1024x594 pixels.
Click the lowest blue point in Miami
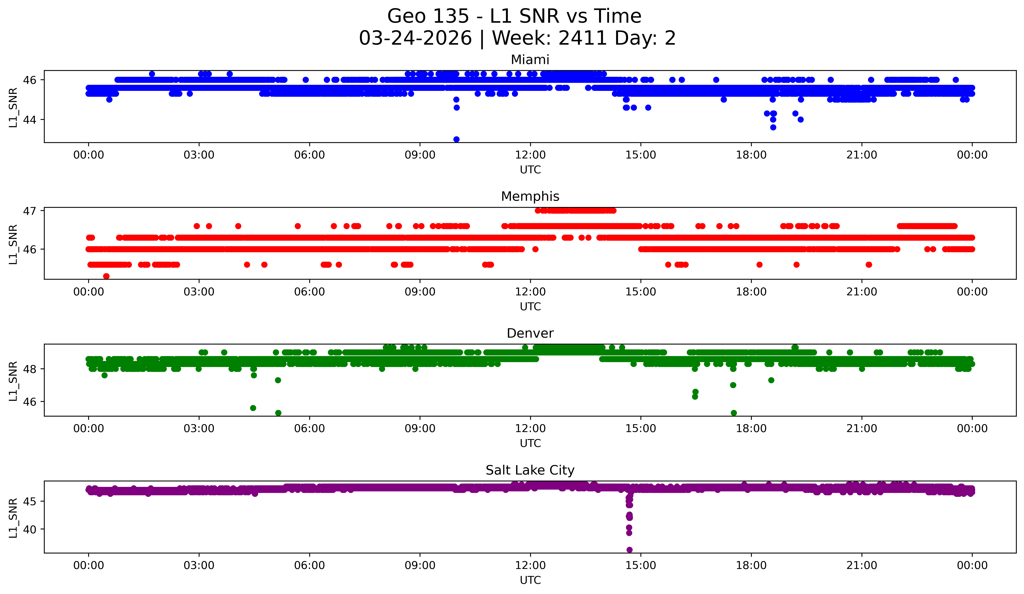[x=456, y=139]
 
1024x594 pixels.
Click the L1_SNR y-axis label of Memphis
[x=13, y=244]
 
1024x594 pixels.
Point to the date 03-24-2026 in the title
[x=415, y=38]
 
